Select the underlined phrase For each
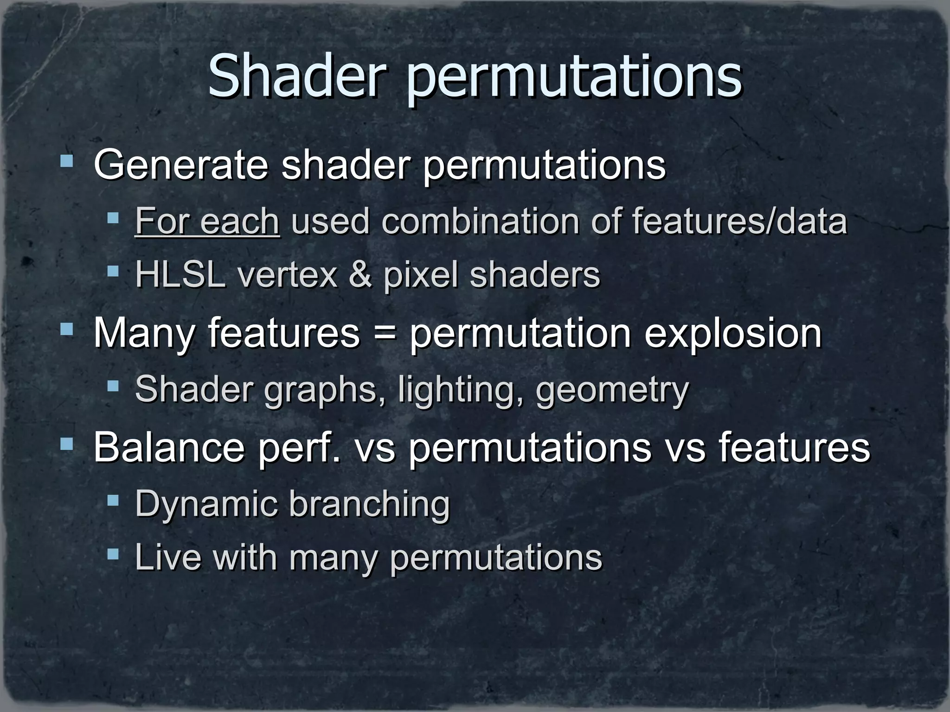coord(207,221)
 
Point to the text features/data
coord(739,221)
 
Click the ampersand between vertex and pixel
coord(360,274)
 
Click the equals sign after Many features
coord(385,333)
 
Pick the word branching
coord(370,504)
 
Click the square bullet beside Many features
coord(67,330)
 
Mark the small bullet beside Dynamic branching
coord(113,500)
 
